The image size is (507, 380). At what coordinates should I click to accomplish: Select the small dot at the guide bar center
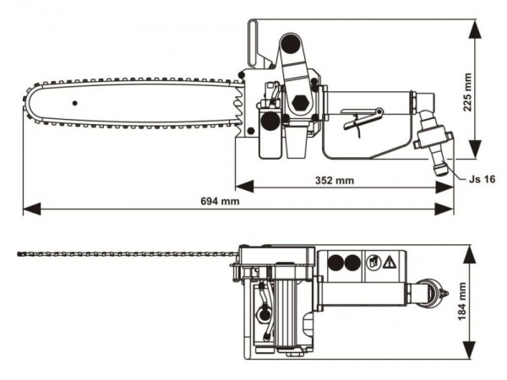75,102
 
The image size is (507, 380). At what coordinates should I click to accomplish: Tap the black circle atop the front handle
291,44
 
